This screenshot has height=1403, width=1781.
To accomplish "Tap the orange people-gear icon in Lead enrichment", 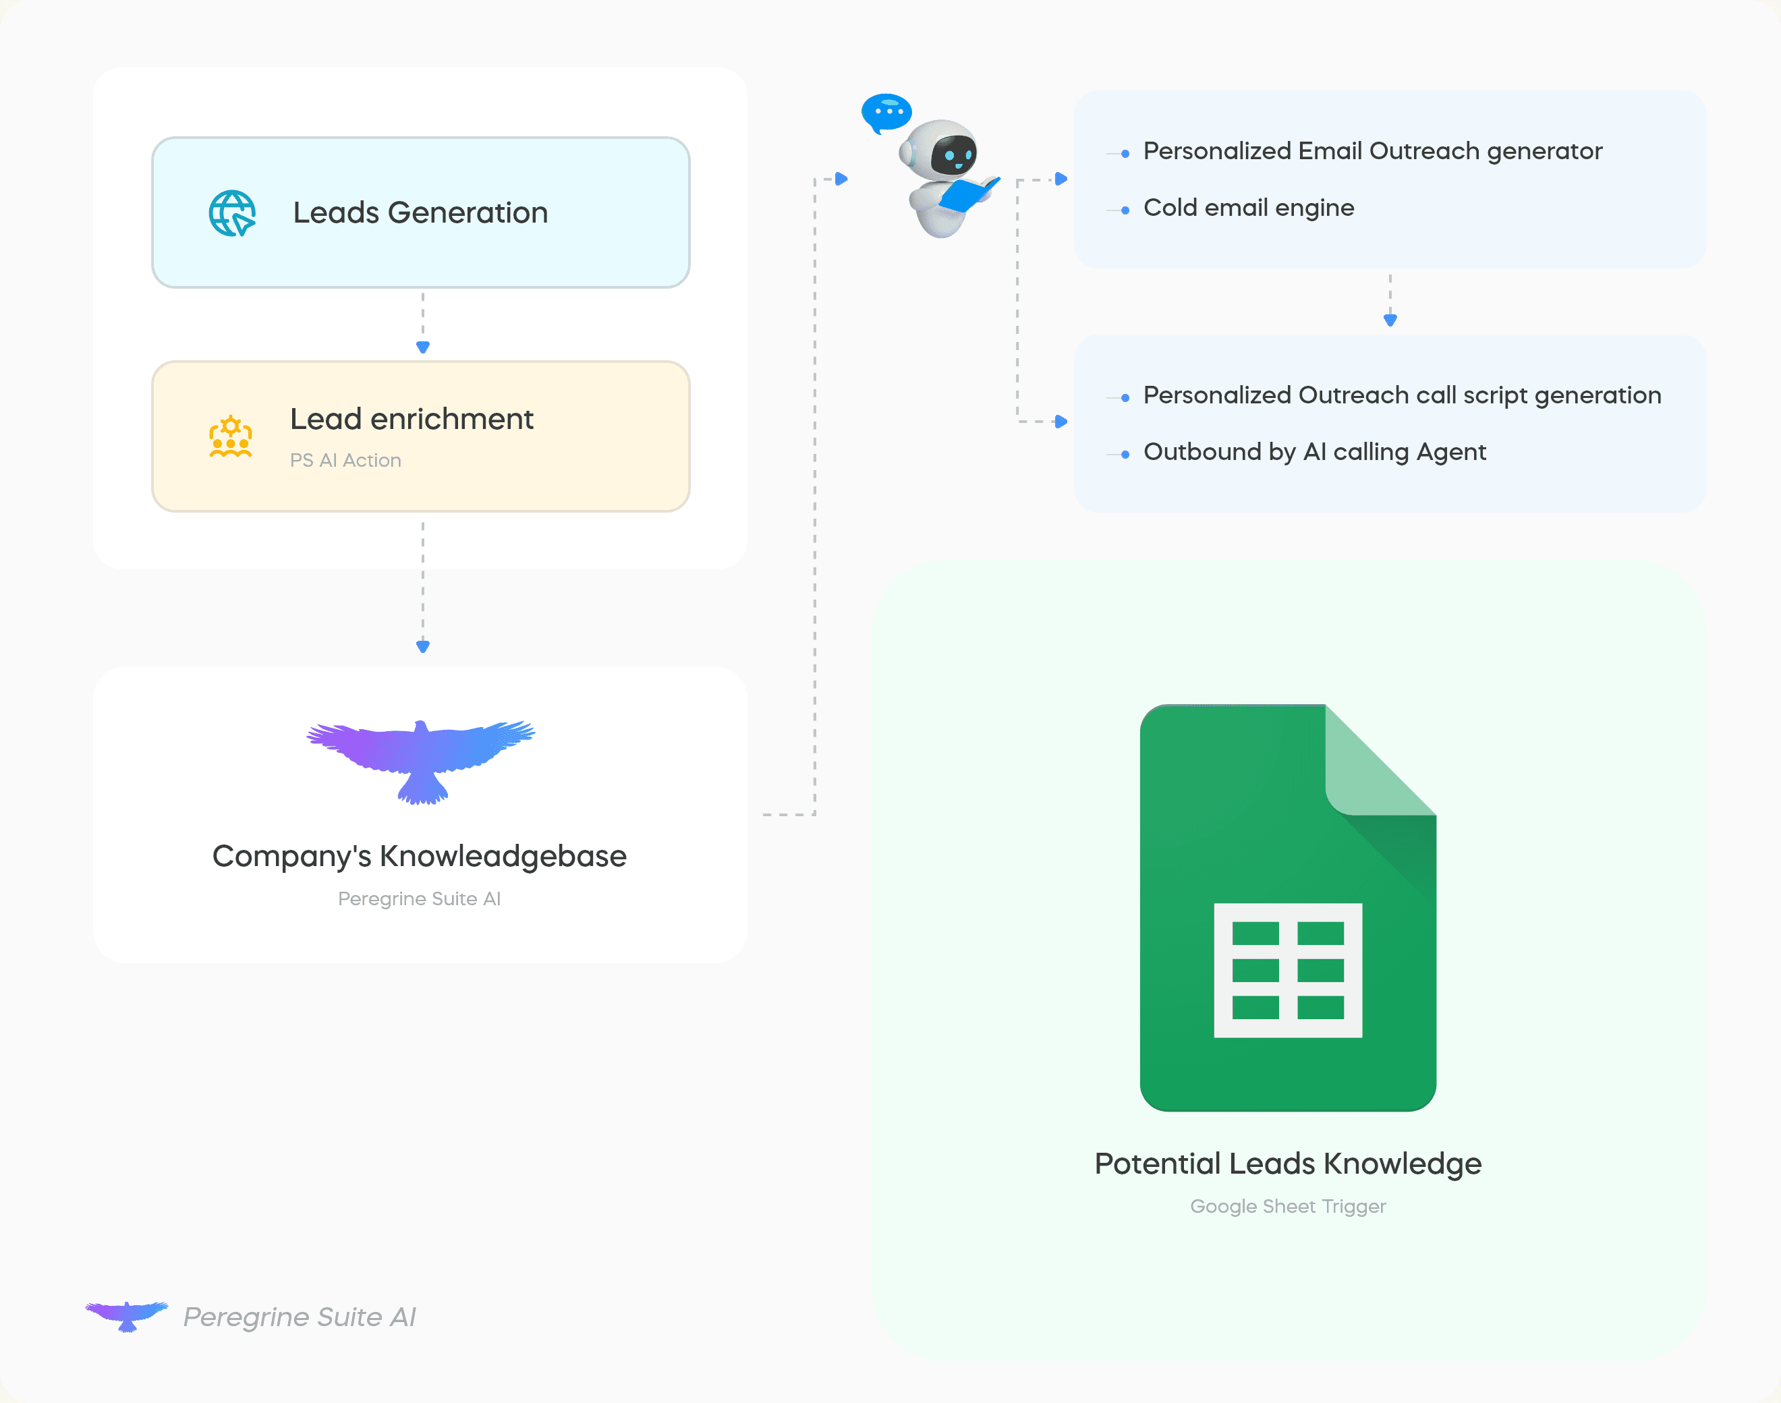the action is point(231,436).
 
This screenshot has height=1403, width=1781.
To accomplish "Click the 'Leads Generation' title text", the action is point(420,212).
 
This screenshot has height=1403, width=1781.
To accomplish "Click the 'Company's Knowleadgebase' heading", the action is point(420,857).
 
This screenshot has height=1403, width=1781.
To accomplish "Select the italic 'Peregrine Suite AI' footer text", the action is point(300,1317).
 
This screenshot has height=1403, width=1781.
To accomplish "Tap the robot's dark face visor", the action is point(953,154).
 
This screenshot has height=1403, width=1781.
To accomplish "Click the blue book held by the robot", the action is point(969,194).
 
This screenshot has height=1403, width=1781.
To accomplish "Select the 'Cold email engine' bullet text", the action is point(1249,208).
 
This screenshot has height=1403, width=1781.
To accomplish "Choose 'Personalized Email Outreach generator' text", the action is point(1373,151).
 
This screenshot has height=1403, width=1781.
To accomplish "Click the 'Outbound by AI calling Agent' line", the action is point(1314,452).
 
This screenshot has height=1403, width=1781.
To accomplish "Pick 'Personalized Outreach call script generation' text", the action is point(1403,395).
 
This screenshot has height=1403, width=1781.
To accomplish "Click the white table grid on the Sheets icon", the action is point(1288,970).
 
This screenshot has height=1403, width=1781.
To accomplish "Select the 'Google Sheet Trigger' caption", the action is point(1288,1206).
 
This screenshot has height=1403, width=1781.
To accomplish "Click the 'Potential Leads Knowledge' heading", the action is point(1288,1164).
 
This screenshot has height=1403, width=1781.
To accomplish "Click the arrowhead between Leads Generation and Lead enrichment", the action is point(423,347).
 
